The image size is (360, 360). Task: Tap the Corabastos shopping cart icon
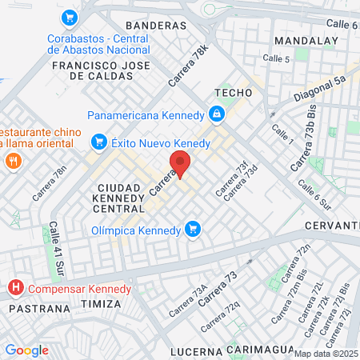point(70,17)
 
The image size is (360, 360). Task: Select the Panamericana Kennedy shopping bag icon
point(216,115)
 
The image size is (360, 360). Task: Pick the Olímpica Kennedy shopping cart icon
point(192,230)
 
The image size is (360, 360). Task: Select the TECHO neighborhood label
point(233,93)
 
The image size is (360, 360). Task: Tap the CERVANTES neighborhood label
point(332,226)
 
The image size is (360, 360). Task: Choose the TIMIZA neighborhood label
point(102,304)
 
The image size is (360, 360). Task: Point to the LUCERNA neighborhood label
point(195,351)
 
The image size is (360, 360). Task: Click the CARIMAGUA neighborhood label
point(256,350)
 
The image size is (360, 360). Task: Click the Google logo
point(26,350)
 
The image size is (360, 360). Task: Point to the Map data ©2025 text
point(326,354)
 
